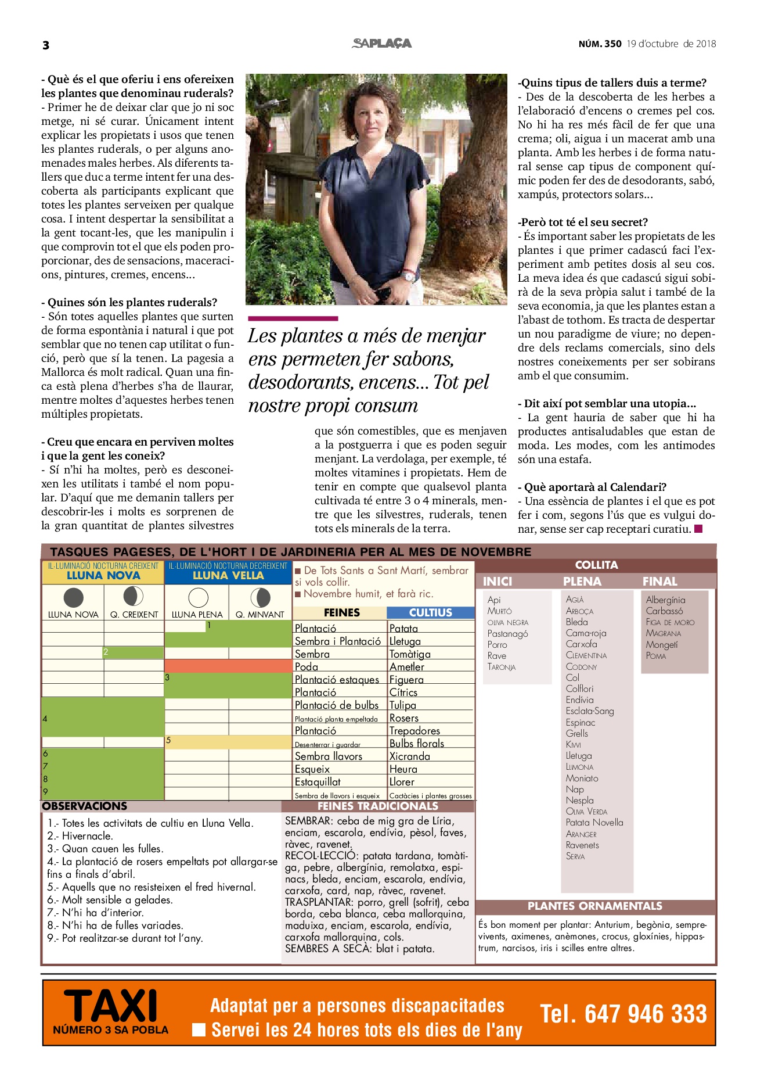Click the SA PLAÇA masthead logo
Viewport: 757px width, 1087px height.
click(381, 44)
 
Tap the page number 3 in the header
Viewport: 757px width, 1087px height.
click(46, 45)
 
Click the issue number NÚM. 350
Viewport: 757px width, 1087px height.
click(600, 44)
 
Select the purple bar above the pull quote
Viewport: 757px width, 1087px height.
click(293, 318)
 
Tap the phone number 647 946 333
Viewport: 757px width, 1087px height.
click(624, 1014)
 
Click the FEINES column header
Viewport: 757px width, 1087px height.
click(341, 612)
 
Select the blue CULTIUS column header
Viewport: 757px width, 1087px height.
click(430, 612)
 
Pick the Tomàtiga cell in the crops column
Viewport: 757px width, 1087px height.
click(410, 654)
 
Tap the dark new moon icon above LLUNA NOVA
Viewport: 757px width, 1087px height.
click(73, 597)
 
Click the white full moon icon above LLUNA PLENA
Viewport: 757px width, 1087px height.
click(198, 597)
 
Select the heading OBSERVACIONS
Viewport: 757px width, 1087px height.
click(85, 806)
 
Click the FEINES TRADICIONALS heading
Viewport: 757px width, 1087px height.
click(377, 806)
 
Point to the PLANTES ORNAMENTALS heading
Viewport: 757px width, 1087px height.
click(594, 906)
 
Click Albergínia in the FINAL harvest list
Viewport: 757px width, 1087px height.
click(665, 600)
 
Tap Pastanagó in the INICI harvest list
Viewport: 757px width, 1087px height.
click(507, 633)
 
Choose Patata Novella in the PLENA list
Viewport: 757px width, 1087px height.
click(594, 823)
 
